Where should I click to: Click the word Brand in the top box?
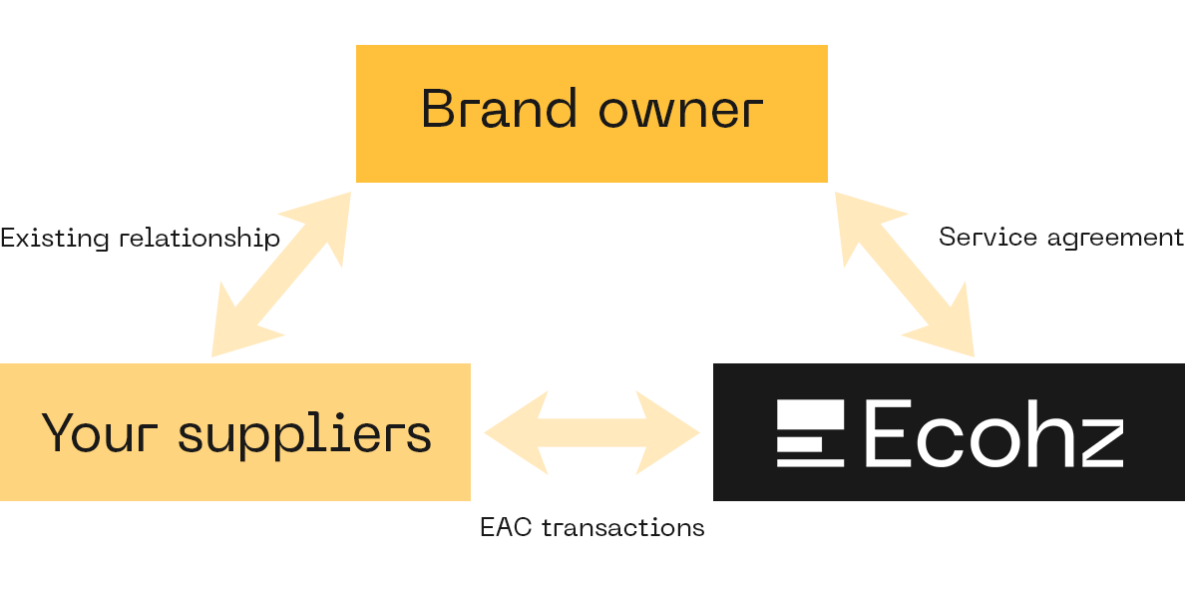[500, 109]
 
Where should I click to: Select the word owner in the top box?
[681, 112]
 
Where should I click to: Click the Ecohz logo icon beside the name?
[810, 432]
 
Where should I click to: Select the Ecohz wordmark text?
[993, 432]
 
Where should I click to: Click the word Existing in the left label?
[55, 239]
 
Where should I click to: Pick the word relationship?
[200, 239]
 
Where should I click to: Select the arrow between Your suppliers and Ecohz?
[592, 432]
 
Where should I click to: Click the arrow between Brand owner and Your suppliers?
[281, 275]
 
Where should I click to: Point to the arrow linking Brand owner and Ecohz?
[905, 275]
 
